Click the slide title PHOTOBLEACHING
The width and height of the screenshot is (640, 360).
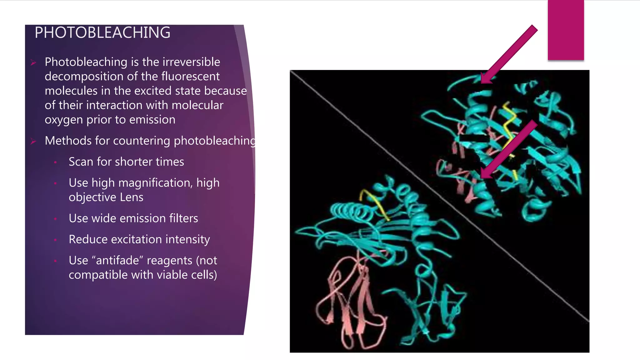(102, 32)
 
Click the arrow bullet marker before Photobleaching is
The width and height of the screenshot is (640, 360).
(33, 63)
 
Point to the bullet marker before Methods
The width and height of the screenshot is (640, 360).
(33, 142)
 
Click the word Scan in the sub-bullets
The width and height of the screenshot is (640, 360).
(81, 162)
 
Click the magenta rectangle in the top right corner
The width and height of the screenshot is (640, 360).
(566, 30)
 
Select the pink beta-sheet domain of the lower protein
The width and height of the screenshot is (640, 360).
(353, 300)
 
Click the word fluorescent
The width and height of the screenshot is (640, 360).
(190, 76)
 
